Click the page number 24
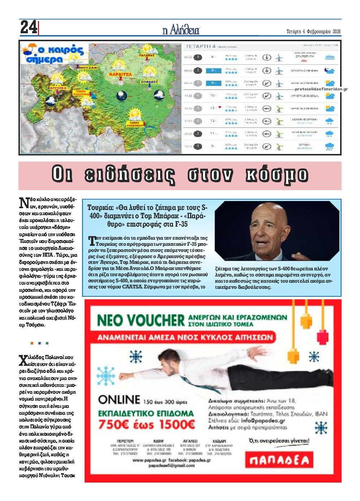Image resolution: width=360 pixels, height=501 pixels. (x=29, y=27)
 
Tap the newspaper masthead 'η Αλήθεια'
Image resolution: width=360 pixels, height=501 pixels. (x=181, y=30)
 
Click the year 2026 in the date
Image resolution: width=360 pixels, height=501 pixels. (x=336, y=31)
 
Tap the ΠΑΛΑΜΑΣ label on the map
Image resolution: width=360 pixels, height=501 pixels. (x=146, y=55)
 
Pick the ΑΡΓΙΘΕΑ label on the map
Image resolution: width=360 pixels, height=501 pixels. (x=58, y=88)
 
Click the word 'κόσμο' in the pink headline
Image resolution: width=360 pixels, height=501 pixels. (x=277, y=175)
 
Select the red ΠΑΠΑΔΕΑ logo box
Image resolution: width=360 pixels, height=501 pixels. (x=279, y=460)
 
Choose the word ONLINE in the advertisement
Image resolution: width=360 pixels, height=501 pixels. (x=119, y=399)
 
